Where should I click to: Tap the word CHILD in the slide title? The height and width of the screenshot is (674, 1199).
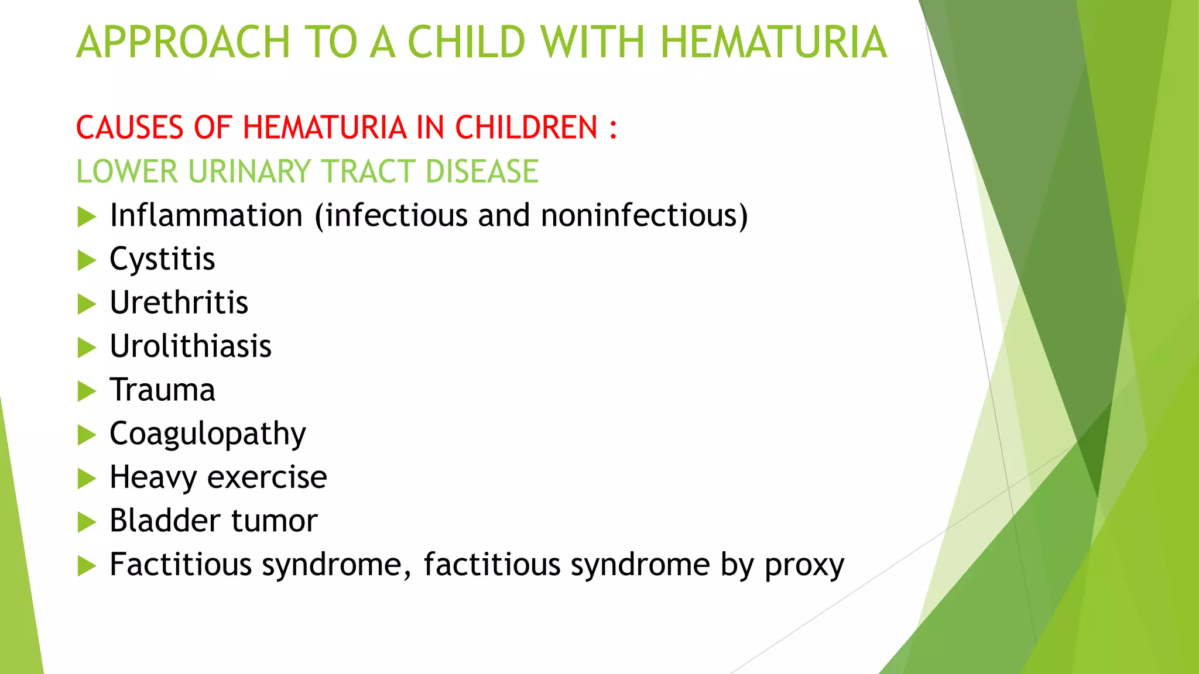[x=466, y=42]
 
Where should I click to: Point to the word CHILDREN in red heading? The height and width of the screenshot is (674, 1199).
[x=526, y=128]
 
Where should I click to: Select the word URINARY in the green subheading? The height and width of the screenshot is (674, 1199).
[x=249, y=171]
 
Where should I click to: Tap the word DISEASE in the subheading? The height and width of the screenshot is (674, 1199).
[x=482, y=171]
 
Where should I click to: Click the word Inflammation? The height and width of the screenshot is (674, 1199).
[x=206, y=215]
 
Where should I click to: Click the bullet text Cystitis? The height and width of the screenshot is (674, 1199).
[x=162, y=259]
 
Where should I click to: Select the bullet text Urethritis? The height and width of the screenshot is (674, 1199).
[x=179, y=302]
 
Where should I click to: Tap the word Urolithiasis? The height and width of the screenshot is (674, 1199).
[x=190, y=346]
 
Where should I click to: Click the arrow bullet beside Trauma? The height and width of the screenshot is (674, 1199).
[x=86, y=391]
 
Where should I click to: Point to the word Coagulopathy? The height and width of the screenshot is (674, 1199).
[x=207, y=434]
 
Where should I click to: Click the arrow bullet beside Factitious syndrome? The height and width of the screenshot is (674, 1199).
[x=86, y=566]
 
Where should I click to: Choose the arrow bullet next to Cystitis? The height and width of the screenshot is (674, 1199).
[x=86, y=260]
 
